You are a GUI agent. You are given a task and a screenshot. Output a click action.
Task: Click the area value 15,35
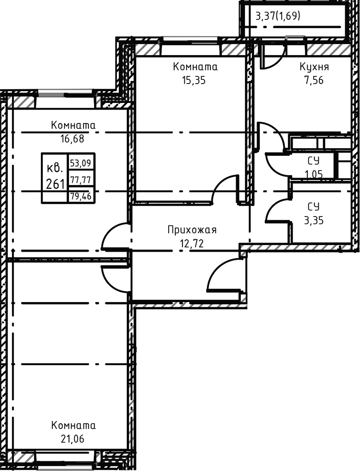(x=193, y=81)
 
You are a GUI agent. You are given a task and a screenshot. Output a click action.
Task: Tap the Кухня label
(x=314, y=66)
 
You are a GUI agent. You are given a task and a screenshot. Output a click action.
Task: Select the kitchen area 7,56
(x=314, y=81)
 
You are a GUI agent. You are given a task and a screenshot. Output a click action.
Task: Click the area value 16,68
(x=72, y=139)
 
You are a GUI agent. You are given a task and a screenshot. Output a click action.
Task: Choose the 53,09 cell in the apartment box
(x=81, y=163)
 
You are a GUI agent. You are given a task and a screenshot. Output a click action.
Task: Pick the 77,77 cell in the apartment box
(x=81, y=179)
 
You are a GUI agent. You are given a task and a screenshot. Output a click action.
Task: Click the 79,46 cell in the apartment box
(x=81, y=196)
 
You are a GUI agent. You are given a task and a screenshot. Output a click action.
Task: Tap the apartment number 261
(x=55, y=183)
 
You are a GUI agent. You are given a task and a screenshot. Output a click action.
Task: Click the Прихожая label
(x=192, y=230)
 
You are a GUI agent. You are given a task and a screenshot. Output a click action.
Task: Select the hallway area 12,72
(x=192, y=243)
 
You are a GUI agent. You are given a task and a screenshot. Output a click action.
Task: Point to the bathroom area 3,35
(x=314, y=220)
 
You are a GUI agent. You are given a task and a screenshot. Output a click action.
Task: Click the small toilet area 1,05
(x=314, y=174)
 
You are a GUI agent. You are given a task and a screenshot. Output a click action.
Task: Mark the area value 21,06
(x=72, y=439)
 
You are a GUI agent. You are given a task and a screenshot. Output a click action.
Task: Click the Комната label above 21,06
(x=73, y=425)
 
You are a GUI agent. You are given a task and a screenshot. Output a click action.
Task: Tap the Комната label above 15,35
(x=195, y=66)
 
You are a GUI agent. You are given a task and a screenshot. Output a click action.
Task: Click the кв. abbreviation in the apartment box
(x=55, y=169)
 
